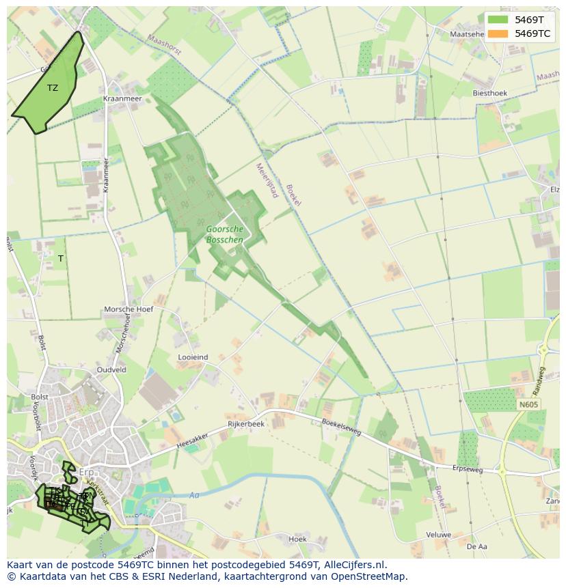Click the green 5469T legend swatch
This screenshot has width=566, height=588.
coord(498,20)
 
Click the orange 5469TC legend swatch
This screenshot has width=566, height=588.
coord(498,33)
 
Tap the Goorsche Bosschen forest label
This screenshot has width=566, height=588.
coord(224,234)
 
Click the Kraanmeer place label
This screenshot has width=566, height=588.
coord(122,99)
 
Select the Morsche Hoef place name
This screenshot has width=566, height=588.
coord(129,309)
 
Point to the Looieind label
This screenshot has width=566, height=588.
coord(193,357)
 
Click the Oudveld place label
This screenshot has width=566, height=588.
coord(111,369)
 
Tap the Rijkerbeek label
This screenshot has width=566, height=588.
coord(246,424)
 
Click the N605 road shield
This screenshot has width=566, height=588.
coord(528,405)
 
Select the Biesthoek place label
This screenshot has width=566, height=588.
coord(490,93)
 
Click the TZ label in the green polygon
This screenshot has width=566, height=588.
coord(53,87)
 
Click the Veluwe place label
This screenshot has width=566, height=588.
coord(438,535)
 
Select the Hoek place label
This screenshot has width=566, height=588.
coord(297,539)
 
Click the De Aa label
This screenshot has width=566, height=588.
coord(476,547)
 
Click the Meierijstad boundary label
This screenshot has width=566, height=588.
coord(267,180)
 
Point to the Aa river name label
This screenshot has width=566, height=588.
coord(194,495)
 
